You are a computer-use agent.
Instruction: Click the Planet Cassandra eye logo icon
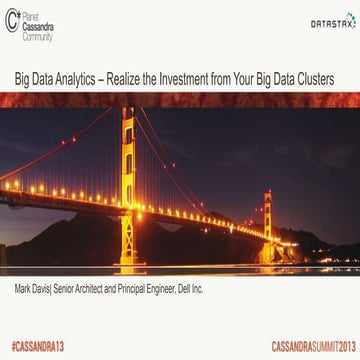pos(12,20)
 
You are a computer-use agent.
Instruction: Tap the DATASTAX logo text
pos(331,22)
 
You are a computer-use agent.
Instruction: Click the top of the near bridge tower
pos(127,112)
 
